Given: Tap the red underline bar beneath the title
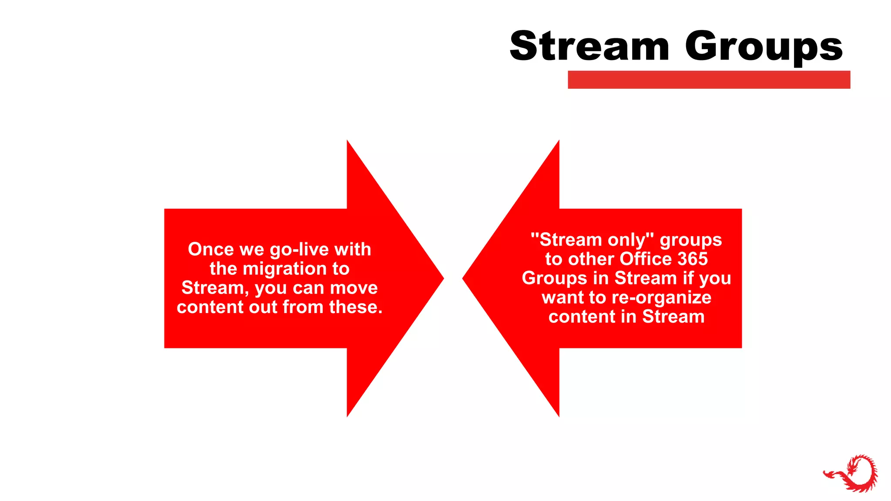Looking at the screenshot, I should coord(709,80).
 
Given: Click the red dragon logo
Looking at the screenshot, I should coord(851,473).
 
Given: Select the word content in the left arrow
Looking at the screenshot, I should coord(210,307).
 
